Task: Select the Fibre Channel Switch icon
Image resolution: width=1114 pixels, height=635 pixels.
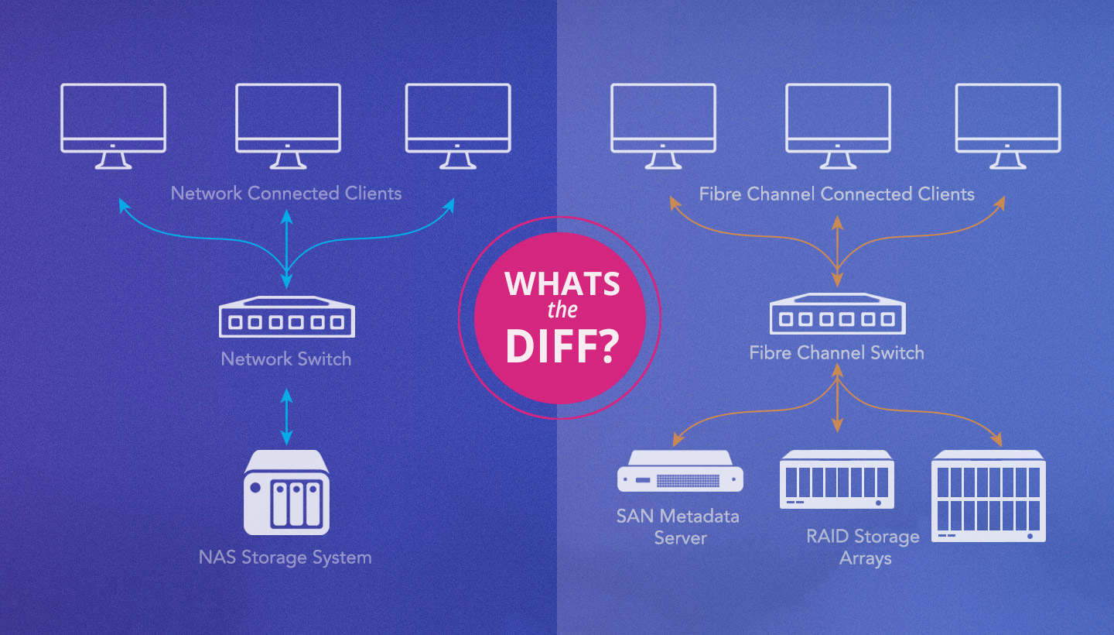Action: (x=838, y=314)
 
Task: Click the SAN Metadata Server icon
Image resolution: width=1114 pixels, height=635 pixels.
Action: (x=681, y=472)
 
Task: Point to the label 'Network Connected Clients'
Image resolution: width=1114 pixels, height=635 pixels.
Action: (x=286, y=193)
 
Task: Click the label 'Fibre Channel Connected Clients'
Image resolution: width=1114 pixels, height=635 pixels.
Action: (x=836, y=194)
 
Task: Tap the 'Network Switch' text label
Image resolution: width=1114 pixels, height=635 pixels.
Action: (x=286, y=359)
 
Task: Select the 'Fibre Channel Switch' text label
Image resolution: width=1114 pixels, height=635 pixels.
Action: (x=836, y=353)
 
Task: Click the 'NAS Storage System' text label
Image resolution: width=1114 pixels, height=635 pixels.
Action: (x=285, y=558)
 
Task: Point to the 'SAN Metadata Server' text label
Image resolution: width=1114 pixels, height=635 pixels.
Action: (x=678, y=527)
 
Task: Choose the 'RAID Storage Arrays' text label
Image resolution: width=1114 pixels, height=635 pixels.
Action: (x=863, y=547)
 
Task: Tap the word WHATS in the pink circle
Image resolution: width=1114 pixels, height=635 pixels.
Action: (x=562, y=284)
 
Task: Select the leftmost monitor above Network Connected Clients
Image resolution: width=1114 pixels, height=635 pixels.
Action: (x=113, y=124)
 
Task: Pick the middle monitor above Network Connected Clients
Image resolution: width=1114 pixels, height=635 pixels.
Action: (x=288, y=124)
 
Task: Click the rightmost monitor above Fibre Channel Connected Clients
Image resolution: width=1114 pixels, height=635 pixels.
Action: (x=1007, y=124)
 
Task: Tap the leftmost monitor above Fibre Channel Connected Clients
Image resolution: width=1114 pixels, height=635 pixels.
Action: (x=662, y=124)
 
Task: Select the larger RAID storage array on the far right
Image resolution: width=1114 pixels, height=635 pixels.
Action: (x=989, y=496)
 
